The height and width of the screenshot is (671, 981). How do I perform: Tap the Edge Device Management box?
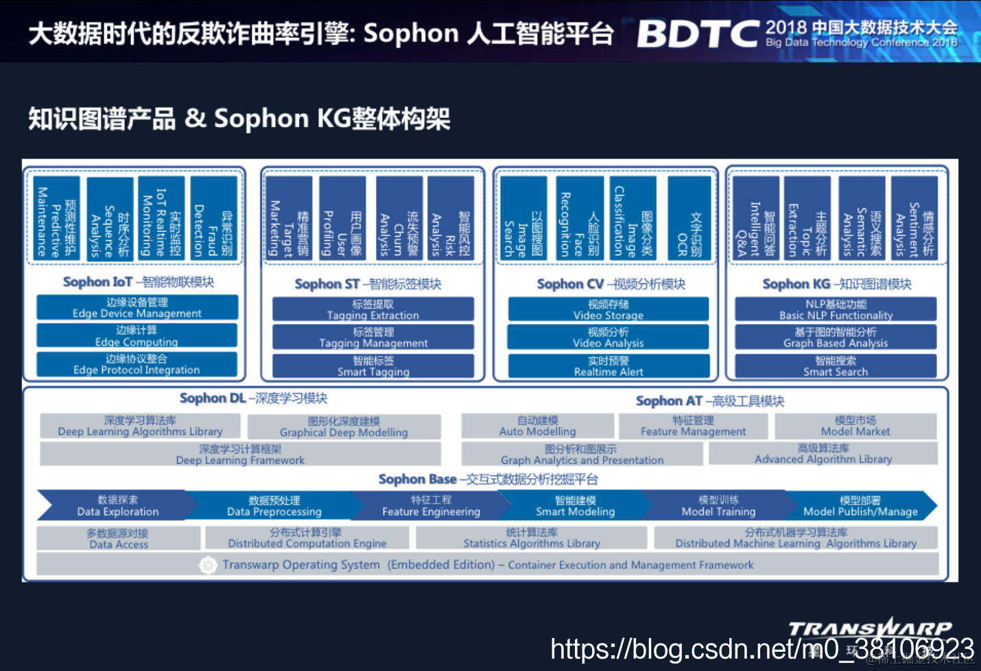pos(137,307)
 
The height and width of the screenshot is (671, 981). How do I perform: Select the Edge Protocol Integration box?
pos(137,364)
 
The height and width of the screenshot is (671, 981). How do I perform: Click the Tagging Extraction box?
pos(373,309)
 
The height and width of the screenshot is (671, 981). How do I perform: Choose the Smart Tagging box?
pos(373,366)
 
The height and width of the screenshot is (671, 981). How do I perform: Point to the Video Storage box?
pos(608,309)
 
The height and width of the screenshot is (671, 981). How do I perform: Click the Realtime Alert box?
pos(608,366)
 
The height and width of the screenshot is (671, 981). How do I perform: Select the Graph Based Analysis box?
pos(836,337)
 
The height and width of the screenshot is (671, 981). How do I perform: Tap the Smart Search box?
pos(836,366)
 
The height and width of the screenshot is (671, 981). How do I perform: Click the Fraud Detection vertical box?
pos(213,218)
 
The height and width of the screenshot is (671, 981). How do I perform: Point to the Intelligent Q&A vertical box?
pos(755,218)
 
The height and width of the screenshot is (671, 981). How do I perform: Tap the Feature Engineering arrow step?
pos(431,506)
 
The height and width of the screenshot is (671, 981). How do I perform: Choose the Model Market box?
pos(855,426)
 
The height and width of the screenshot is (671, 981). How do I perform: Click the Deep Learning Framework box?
pos(240,454)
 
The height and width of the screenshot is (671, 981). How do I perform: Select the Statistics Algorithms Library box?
pos(532,538)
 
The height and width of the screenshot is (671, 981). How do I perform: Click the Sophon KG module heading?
pos(837,284)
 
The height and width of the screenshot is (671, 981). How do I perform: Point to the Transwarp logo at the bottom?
pos(870,629)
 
